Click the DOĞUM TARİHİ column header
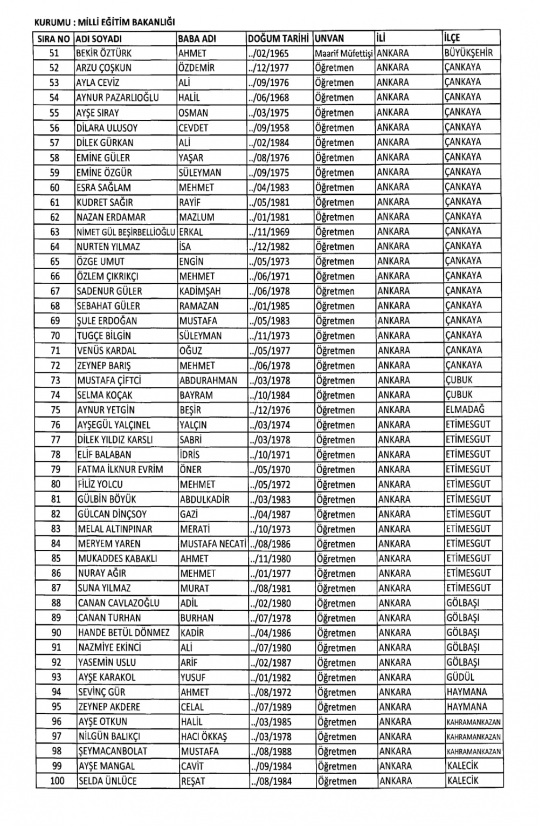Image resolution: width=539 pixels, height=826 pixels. pyautogui.click(x=278, y=39)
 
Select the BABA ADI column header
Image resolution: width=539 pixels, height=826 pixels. pyautogui.click(x=197, y=39)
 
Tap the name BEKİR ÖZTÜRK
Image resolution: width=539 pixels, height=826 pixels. pyautogui.click(x=104, y=53)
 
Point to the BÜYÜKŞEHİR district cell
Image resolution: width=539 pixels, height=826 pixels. pyautogui.click(x=468, y=53)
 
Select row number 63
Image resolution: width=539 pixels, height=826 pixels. pyautogui.click(x=54, y=232)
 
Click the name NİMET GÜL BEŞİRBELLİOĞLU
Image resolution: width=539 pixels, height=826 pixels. pyautogui.click(x=126, y=232)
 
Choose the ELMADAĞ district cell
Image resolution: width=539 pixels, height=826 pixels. pyautogui.click(x=465, y=409)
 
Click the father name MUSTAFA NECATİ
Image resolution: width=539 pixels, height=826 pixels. pyautogui.click(x=213, y=544)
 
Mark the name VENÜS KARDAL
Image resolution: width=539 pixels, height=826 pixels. pyautogui.click(x=107, y=351)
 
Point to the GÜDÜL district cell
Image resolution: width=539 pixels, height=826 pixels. pyautogui.click(x=460, y=677)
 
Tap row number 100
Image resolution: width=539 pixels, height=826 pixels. pyautogui.click(x=56, y=781)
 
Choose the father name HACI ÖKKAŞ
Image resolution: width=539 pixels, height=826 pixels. pyautogui.click(x=204, y=736)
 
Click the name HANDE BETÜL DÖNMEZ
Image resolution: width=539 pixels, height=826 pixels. pyautogui.click(x=123, y=633)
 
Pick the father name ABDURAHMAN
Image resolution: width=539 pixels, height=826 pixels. pyautogui.click(x=208, y=380)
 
